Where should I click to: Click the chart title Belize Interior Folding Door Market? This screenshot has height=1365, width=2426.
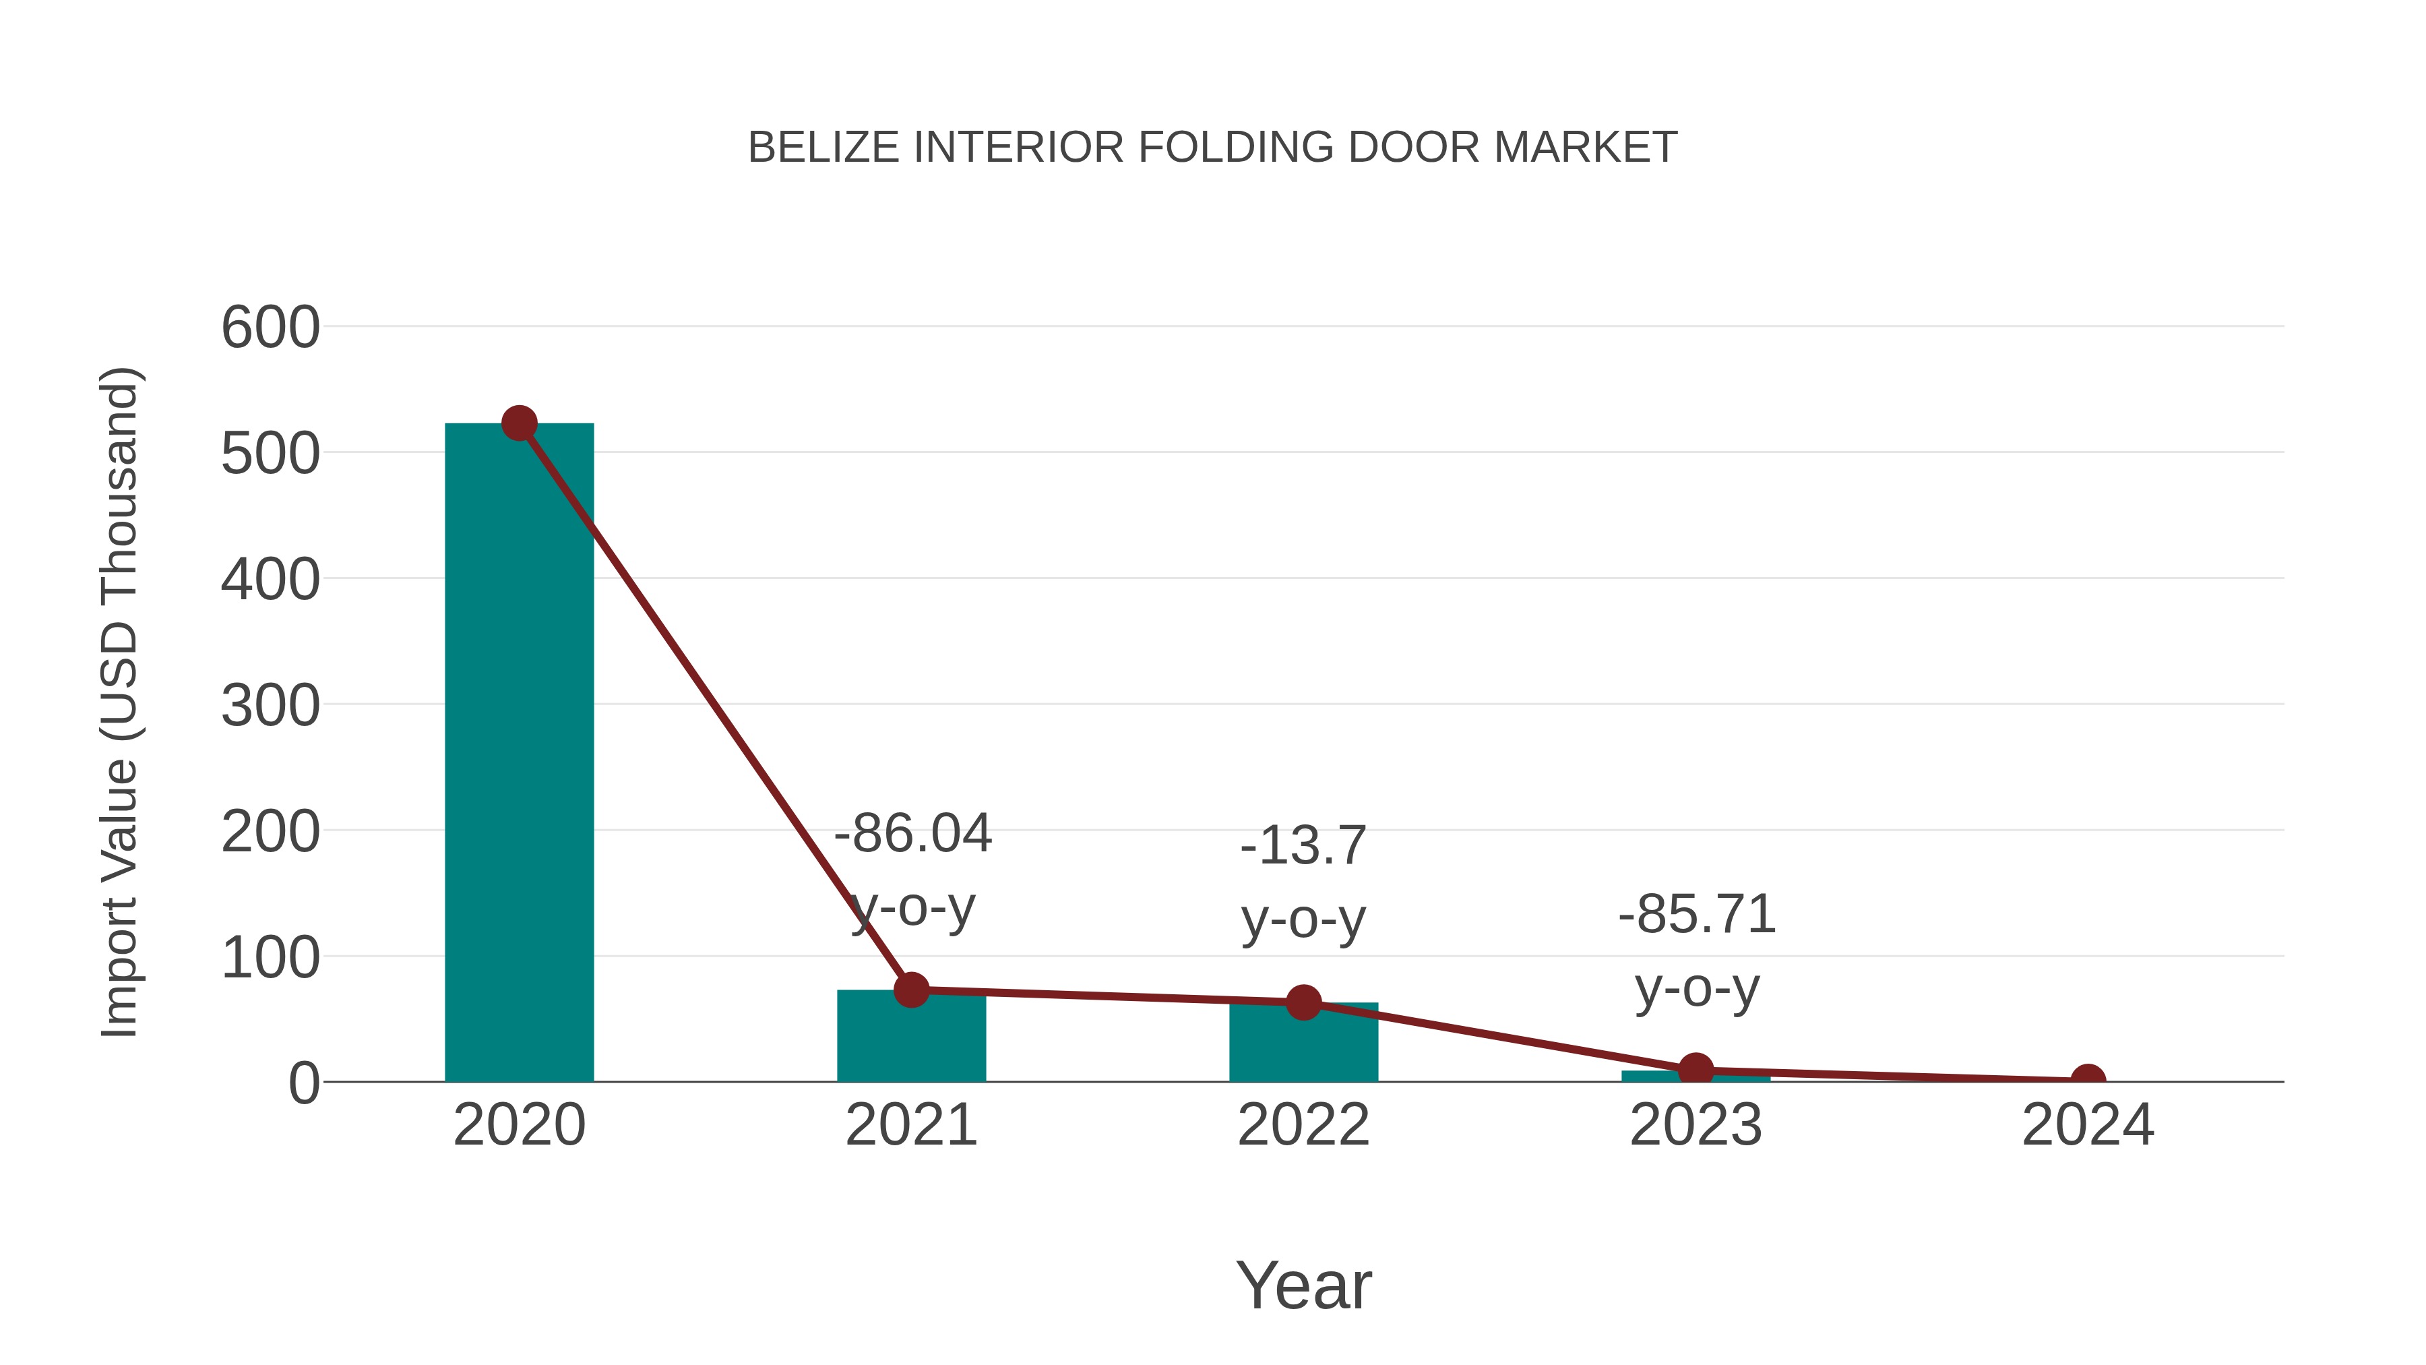tap(1212, 148)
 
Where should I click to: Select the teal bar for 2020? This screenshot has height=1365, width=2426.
tap(519, 754)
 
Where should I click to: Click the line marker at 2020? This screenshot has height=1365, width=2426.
tap(519, 424)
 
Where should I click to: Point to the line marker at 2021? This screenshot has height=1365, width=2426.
tap(910, 990)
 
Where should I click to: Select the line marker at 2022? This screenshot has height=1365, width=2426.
tap(1303, 1002)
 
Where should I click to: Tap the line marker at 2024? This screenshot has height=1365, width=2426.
tap(2088, 1080)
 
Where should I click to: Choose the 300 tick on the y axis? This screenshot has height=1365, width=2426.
tap(270, 706)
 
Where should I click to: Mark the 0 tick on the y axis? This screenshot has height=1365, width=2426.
tap(303, 1083)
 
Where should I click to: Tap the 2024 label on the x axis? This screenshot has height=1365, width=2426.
tap(2088, 1125)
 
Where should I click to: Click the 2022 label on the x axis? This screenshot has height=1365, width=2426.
tap(1303, 1125)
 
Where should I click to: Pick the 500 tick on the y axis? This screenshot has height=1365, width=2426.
tap(270, 454)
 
